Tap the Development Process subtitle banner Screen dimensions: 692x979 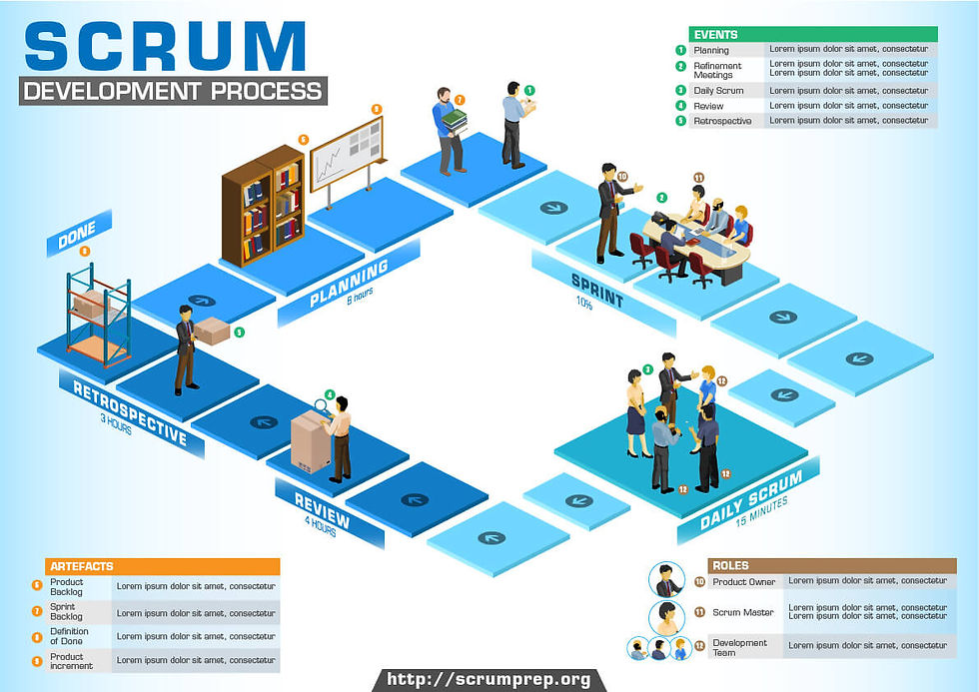click(x=173, y=91)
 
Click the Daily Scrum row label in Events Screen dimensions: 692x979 click(x=718, y=91)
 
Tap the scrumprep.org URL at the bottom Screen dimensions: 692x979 click(x=489, y=680)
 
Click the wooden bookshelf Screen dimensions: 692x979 click(x=264, y=206)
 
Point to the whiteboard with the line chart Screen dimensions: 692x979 click(x=347, y=154)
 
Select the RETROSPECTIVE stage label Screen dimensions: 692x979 click(x=130, y=412)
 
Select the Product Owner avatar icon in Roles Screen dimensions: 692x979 click(x=665, y=580)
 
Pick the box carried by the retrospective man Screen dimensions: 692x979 click(x=212, y=332)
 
